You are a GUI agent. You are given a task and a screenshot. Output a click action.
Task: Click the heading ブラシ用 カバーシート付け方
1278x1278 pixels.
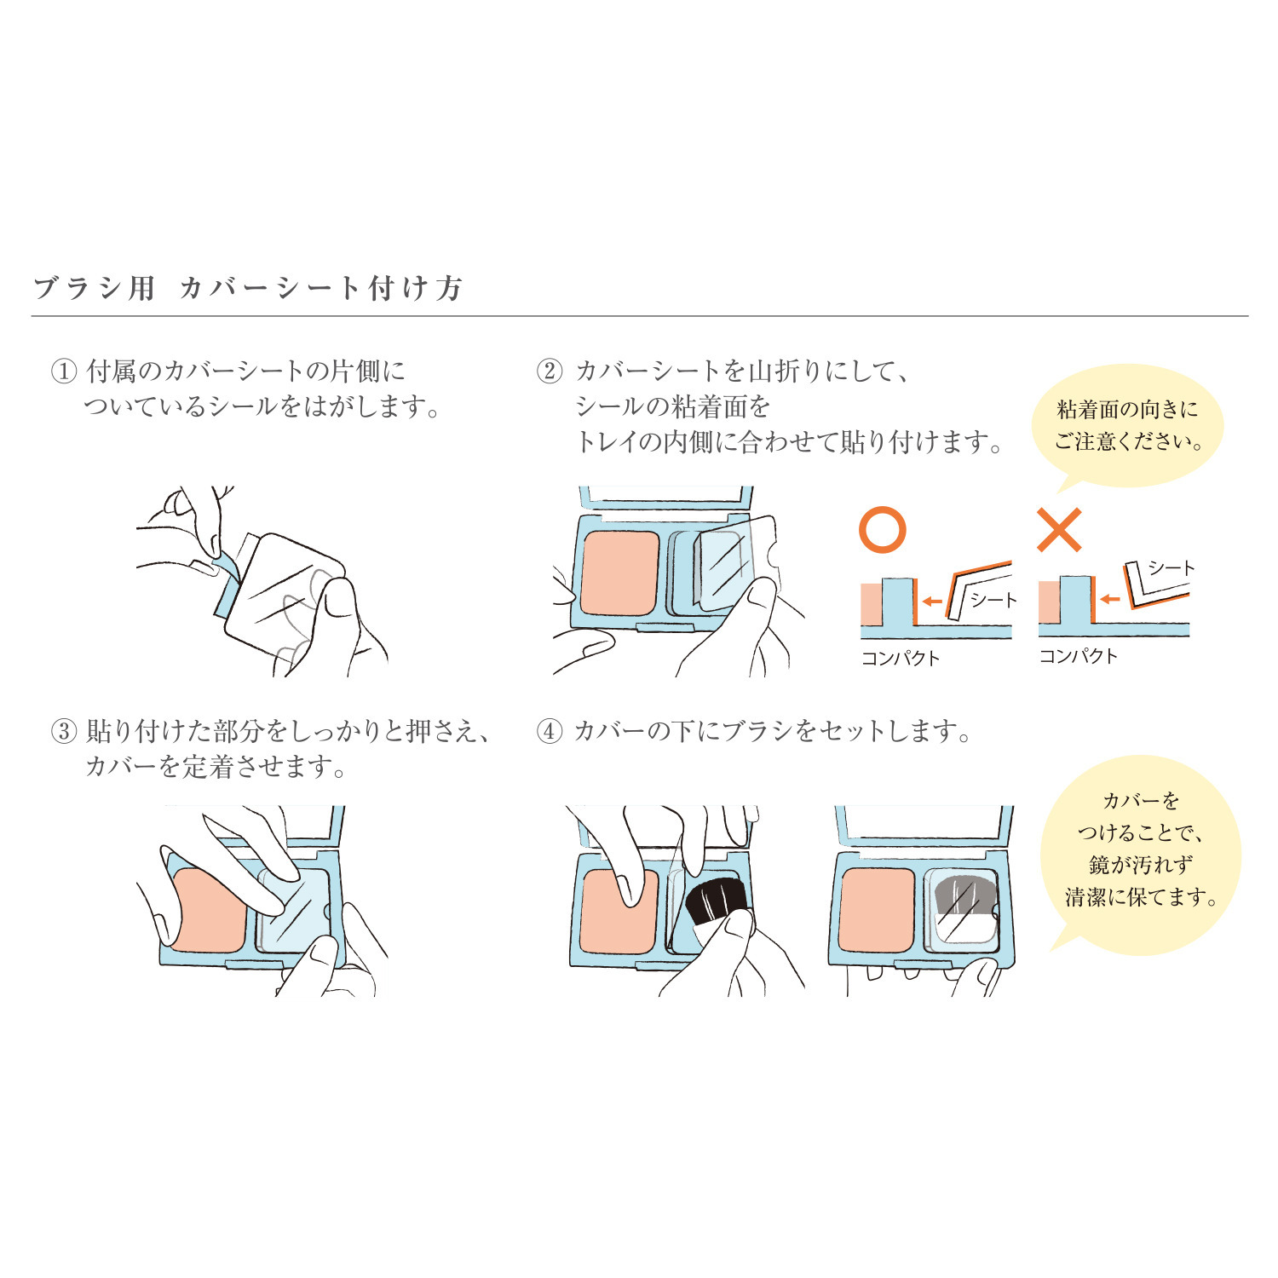click(247, 288)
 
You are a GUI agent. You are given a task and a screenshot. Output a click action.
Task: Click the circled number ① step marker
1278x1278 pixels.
click(64, 371)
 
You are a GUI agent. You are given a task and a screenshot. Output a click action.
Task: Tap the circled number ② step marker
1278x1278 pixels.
click(550, 371)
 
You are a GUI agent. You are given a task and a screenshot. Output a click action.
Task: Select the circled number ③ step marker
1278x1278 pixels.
click(64, 732)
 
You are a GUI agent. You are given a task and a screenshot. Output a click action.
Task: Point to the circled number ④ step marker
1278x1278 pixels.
click(550, 732)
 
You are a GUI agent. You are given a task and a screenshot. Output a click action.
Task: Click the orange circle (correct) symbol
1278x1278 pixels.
click(882, 530)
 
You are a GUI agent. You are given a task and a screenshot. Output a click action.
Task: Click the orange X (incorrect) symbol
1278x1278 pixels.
click(1059, 530)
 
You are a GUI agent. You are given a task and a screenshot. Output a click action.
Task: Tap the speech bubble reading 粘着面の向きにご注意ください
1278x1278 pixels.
click(1127, 425)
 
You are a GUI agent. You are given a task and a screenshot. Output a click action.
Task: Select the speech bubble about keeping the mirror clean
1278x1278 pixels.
click(1140, 849)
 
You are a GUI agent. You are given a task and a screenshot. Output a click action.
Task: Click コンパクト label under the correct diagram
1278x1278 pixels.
click(901, 658)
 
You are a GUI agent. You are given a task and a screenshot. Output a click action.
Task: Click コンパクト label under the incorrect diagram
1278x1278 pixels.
click(1078, 656)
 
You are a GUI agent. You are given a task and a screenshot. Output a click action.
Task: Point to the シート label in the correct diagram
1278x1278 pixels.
click(993, 601)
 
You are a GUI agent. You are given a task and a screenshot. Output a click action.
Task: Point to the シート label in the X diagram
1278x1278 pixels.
click(1171, 568)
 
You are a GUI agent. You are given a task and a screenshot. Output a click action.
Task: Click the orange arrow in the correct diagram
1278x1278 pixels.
click(932, 602)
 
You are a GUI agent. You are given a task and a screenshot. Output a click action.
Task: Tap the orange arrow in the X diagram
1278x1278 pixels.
click(1109, 599)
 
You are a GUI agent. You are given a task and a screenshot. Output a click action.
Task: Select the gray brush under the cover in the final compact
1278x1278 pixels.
click(964, 898)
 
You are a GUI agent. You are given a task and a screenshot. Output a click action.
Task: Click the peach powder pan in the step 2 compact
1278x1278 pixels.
click(619, 573)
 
